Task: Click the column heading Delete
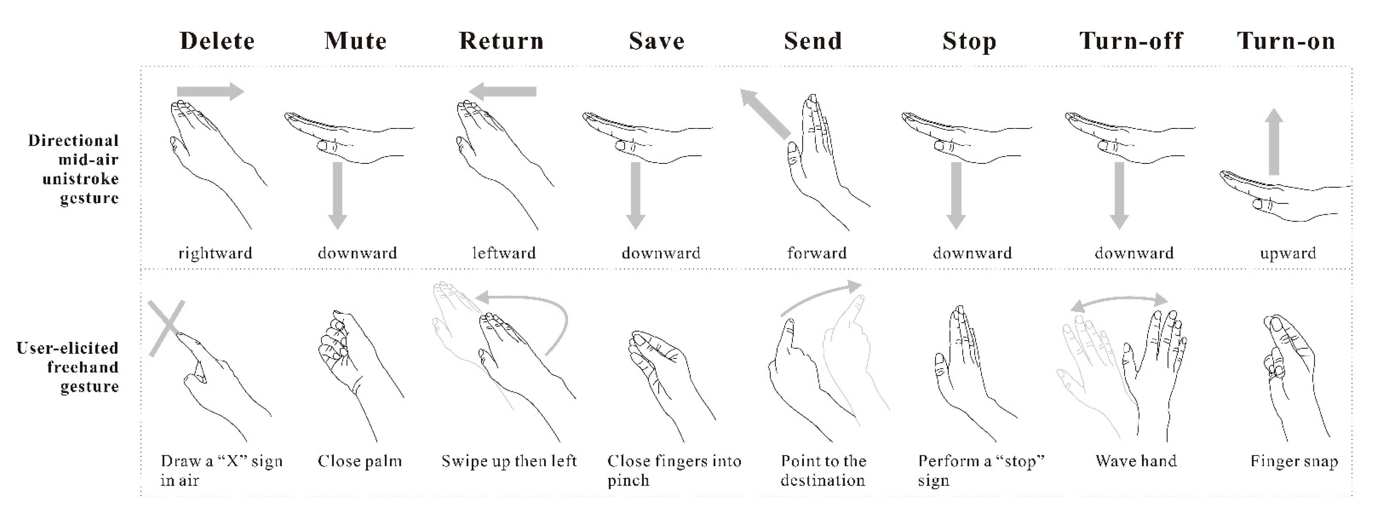(x=217, y=41)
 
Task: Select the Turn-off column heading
(x=1131, y=41)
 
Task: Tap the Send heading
(x=813, y=41)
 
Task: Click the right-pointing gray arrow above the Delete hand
(x=210, y=91)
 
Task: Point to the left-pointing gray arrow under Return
(x=503, y=91)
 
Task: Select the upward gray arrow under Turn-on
(x=1274, y=141)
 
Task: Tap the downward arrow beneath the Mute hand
(x=337, y=195)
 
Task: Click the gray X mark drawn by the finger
(x=166, y=328)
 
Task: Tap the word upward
(x=1288, y=253)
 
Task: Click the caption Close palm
(x=360, y=461)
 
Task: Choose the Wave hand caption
(x=1136, y=461)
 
